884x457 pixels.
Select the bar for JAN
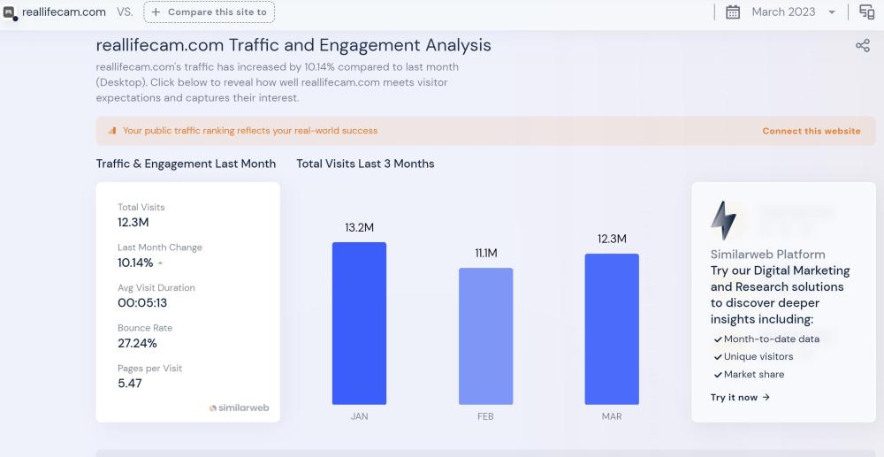coord(359,323)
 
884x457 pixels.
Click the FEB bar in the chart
coord(485,336)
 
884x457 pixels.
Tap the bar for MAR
coord(612,329)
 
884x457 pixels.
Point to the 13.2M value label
coord(359,228)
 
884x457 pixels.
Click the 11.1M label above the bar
coord(485,254)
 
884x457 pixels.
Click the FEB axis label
coord(485,416)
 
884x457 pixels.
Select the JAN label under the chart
coord(359,416)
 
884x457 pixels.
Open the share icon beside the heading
coord(862,46)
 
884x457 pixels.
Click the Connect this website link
coord(811,131)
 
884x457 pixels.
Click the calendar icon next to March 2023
coord(733,12)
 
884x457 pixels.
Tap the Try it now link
coord(740,398)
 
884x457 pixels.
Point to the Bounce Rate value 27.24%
coord(137,343)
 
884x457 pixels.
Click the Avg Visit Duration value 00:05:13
coord(142,302)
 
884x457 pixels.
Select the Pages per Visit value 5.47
coord(130,384)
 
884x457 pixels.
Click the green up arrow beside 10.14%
coord(160,263)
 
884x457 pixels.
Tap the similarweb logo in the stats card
coord(239,408)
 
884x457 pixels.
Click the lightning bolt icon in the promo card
coord(723,220)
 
